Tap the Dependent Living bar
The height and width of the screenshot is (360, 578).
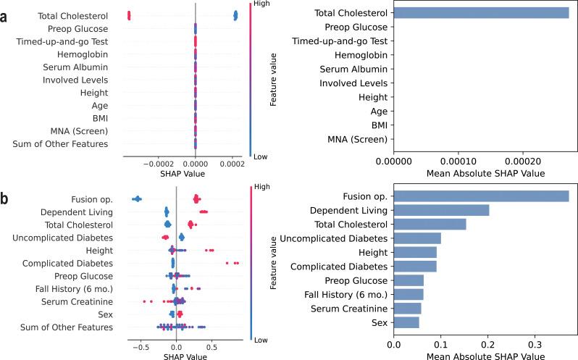pyautogui.click(x=441, y=210)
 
